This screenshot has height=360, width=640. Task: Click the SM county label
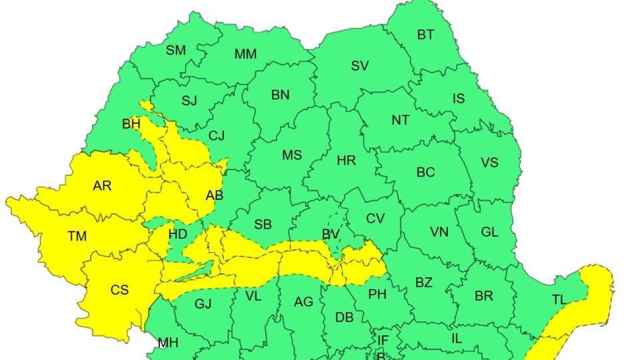pos(176,50)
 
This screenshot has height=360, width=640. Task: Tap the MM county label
pos(245,54)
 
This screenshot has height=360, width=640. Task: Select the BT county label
pos(425,35)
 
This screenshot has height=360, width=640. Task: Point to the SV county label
pos(360,66)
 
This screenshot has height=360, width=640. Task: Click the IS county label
pos(459,99)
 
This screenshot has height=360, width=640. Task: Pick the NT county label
pos(400,121)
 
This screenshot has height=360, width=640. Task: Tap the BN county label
pos(280,95)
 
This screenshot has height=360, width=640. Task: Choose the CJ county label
pos(217,136)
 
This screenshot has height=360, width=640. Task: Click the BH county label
pos(131,124)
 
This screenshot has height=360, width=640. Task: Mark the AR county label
pos(102,186)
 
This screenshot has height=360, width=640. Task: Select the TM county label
pos(77,235)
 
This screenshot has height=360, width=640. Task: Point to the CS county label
pos(119,289)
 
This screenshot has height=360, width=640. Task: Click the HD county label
pos(177,234)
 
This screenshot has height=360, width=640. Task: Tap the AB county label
pos(215,195)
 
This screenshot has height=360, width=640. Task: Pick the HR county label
pos(346,161)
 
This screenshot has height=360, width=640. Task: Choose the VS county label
pos(489,163)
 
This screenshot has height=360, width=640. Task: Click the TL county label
pos(559,300)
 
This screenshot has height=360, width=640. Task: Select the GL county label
pos(489,232)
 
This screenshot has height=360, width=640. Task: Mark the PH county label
pos(377,293)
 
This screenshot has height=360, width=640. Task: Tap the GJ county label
pos(203,304)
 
